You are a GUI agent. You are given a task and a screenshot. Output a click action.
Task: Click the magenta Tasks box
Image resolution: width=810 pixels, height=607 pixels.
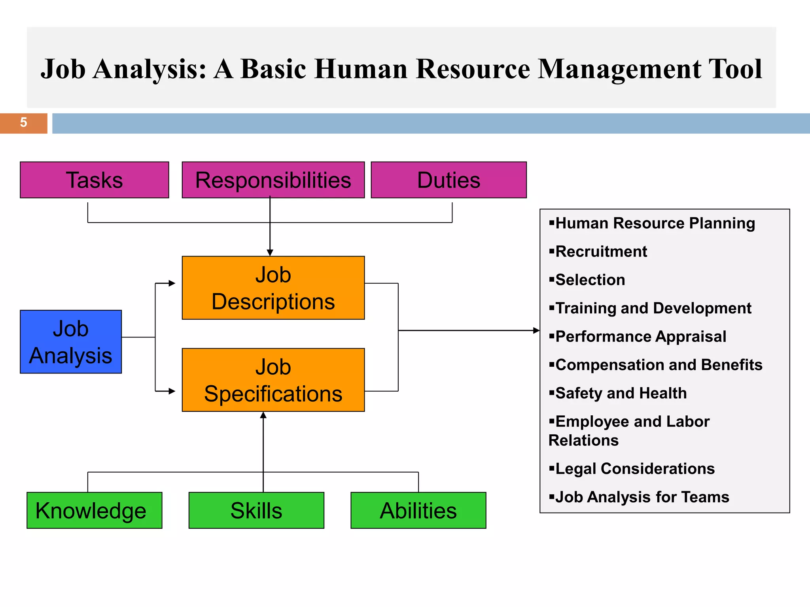pos(94,180)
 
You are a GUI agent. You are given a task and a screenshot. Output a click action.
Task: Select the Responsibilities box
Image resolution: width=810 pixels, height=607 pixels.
pos(273,180)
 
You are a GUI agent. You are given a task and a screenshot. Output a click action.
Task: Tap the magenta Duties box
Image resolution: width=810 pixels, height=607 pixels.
pos(449,180)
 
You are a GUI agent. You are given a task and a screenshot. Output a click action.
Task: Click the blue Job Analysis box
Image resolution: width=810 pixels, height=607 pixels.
pos(71,342)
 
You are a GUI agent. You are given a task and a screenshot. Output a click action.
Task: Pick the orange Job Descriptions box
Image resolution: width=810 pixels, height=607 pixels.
pos(273,288)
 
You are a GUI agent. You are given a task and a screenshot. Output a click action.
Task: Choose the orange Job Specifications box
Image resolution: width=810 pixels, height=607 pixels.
pos(273,380)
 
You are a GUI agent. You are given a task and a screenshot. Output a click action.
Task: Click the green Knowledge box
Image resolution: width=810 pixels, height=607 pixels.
pos(94,510)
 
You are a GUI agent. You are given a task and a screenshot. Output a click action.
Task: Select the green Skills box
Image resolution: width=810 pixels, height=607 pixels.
pos(256,510)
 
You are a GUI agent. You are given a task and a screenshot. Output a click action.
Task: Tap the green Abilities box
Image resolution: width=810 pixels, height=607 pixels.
pos(418,510)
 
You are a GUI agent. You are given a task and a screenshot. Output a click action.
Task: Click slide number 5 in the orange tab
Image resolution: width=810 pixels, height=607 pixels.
pos(23,123)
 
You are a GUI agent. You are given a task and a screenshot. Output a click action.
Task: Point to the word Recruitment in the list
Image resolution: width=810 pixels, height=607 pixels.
pos(601,252)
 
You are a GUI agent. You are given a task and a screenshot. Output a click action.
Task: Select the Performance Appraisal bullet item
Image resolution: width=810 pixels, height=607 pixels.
pos(641,337)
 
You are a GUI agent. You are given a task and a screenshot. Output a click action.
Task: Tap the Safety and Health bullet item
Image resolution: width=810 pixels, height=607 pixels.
pos(621,393)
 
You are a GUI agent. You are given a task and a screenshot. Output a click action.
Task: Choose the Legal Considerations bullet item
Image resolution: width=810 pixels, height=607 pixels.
pos(635,469)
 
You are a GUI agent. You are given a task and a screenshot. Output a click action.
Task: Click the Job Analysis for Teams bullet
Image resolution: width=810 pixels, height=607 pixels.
pos(642,497)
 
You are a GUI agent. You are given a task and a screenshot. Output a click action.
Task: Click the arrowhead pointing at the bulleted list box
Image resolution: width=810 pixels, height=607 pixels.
pos(536,330)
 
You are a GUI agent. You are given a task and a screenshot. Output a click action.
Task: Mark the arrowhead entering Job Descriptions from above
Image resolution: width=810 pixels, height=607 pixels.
pos(270,253)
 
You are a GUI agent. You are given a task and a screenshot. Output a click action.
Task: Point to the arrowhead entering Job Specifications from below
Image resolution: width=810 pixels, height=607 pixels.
pos(263,415)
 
